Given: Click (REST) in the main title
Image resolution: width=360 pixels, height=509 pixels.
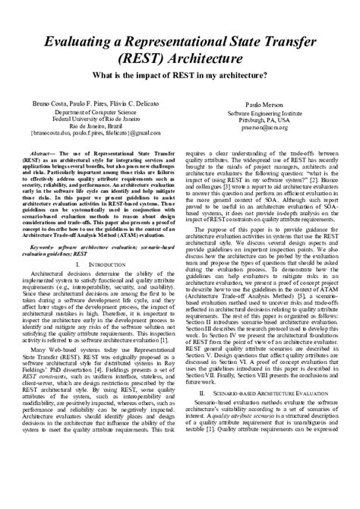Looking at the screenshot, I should coord(131,60).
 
